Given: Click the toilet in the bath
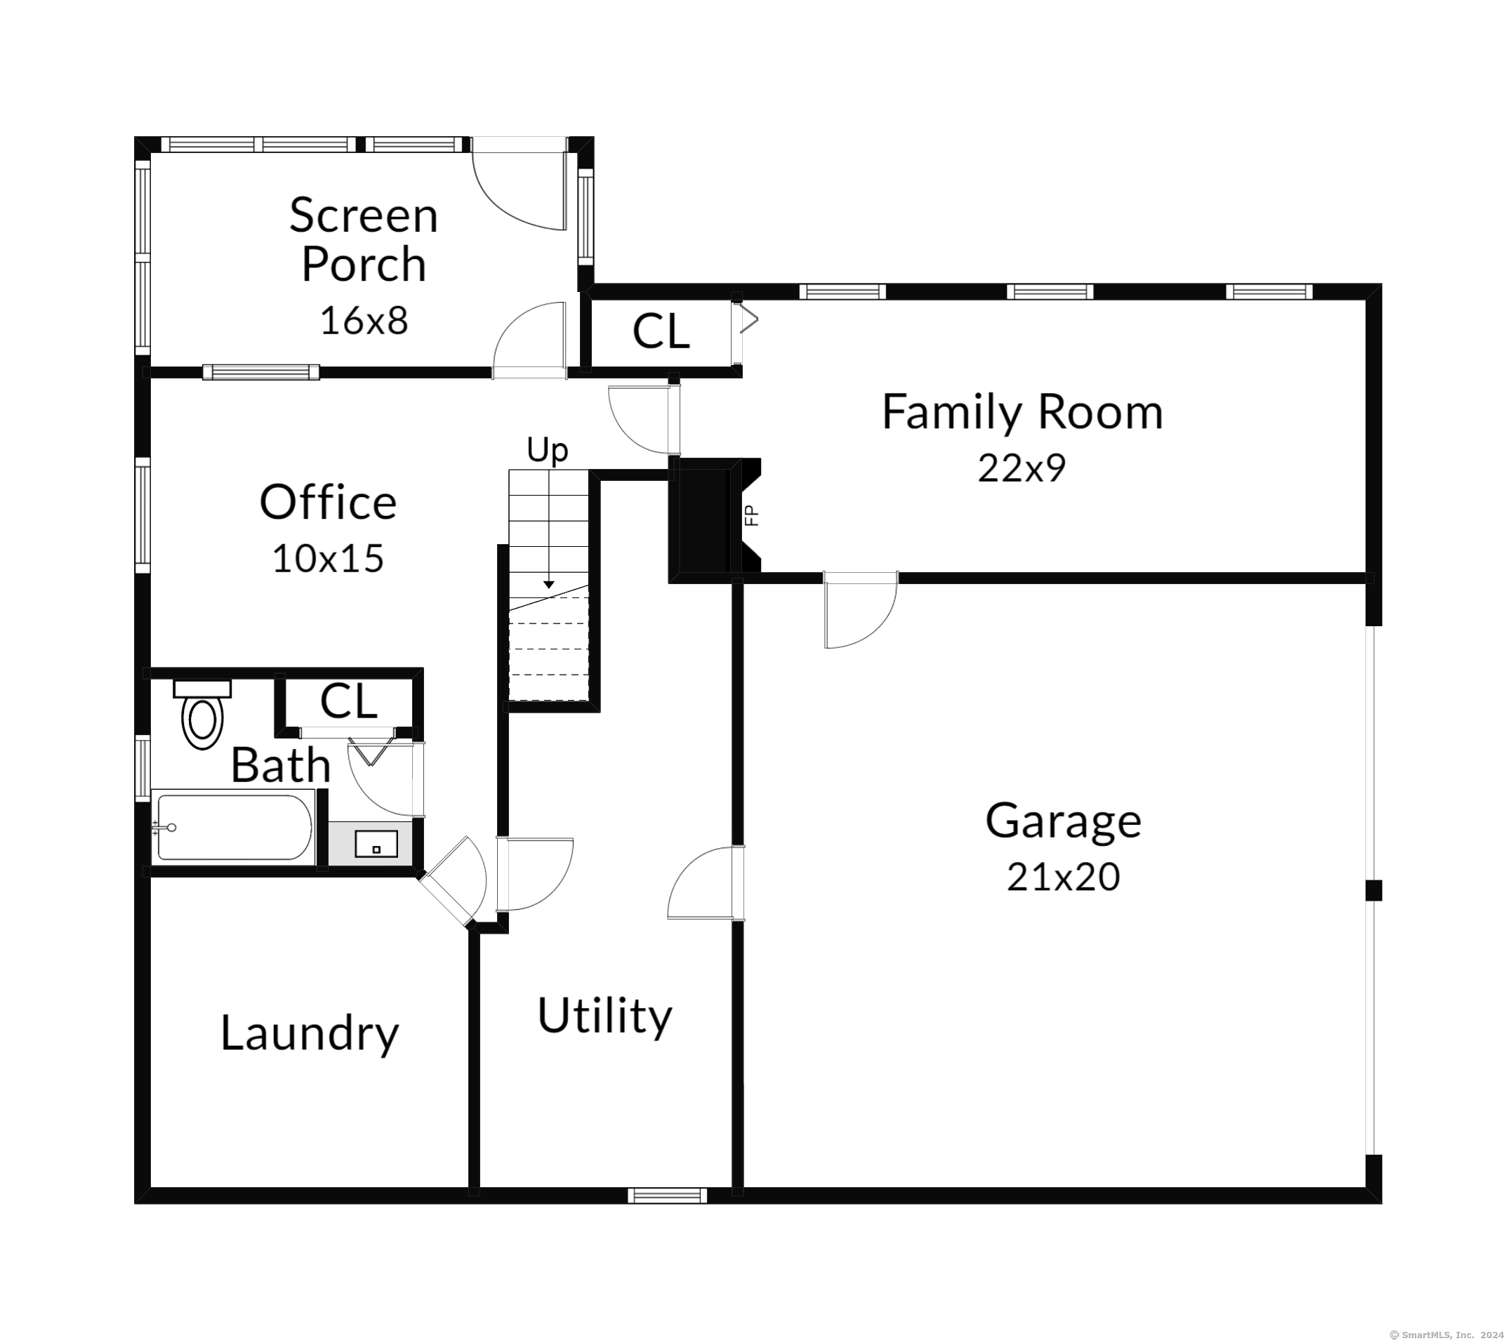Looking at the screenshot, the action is (202, 713).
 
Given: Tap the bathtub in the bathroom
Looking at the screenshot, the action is (232, 826).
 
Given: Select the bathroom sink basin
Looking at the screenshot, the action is (376, 843).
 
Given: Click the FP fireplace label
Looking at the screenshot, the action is (752, 515).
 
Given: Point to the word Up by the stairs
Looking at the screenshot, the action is (548, 449).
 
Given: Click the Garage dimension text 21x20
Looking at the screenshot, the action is (1063, 878).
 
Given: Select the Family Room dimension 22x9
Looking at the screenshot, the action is (1021, 468).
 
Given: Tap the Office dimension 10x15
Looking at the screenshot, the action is (329, 559).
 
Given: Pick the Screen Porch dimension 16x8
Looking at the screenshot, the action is (364, 321).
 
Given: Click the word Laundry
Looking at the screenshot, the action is (310, 1035).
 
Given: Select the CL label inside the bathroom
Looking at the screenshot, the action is (349, 701).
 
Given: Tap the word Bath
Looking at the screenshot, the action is (280, 765).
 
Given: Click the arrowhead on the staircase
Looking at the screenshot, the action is (549, 584).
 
